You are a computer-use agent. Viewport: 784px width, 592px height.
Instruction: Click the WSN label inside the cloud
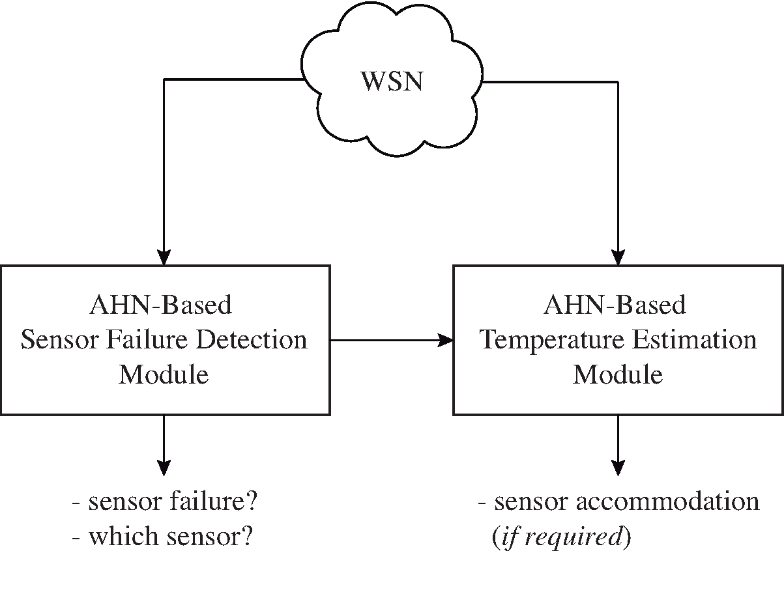coord(392,82)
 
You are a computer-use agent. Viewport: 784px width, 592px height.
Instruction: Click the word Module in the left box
coord(164,375)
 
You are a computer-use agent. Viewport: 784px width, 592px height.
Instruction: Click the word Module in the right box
coord(618,375)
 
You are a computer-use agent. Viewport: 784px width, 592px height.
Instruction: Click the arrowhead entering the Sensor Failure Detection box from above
coord(164,258)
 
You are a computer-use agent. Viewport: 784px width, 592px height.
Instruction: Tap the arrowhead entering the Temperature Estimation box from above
coord(618,258)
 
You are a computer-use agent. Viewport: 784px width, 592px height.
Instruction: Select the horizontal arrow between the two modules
coord(391,340)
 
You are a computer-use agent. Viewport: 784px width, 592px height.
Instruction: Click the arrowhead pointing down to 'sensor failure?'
coord(164,468)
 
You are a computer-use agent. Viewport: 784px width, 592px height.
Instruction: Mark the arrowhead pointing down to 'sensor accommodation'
coord(618,468)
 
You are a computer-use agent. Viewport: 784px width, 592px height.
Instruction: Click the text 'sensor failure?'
coord(173,502)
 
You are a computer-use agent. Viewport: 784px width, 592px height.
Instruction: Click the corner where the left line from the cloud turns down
coord(164,79)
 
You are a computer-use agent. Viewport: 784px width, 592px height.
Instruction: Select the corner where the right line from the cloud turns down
coord(618,82)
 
